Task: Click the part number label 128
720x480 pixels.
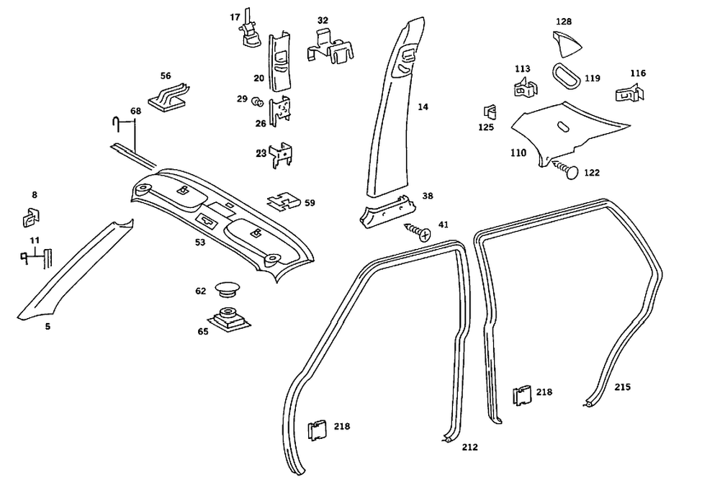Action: click(564, 22)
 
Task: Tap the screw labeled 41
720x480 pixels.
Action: click(418, 231)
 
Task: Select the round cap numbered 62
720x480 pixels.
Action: click(227, 289)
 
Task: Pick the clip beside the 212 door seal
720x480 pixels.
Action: click(317, 430)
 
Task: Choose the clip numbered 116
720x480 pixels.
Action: click(629, 92)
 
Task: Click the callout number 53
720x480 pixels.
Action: click(199, 243)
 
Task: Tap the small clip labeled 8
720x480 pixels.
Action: click(31, 217)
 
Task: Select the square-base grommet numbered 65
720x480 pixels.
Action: click(228, 318)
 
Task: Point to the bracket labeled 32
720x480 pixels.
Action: click(330, 47)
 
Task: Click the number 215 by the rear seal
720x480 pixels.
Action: click(623, 387)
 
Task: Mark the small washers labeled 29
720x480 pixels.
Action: click(257, 101)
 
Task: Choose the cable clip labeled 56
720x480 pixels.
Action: click(168, 96)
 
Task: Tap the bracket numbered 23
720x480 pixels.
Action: click(281, 155)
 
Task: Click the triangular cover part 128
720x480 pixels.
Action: click(567, 45)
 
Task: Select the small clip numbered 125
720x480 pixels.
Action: click(490, 112)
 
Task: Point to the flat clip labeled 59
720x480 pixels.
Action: click(284, 200)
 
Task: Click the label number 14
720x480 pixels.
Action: click(423, 107)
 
